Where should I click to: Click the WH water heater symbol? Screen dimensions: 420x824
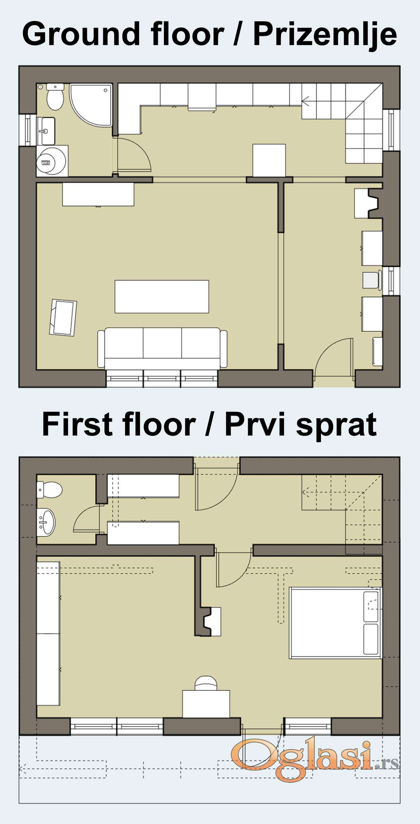point(51,161)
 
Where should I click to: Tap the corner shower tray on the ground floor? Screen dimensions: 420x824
point(91,105)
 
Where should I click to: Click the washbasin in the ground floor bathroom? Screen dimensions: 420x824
point(46,131)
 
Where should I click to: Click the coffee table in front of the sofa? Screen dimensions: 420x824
point(162,296)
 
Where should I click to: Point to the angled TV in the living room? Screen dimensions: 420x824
point(63,318)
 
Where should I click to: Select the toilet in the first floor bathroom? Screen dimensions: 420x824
point(50,490)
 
